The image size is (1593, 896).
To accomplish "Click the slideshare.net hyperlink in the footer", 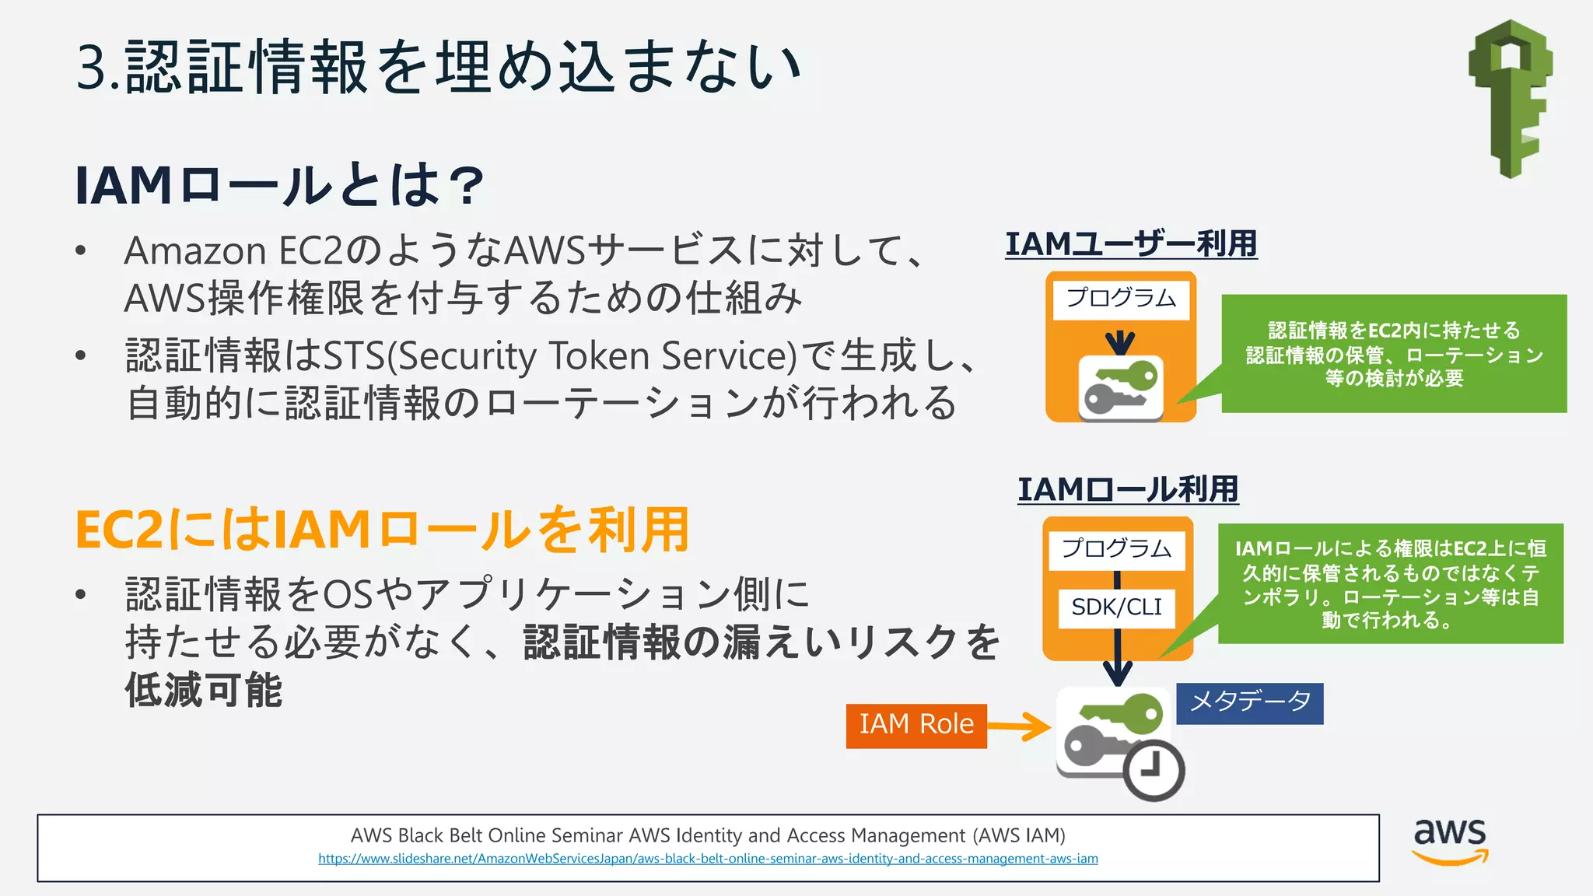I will pos(708,859).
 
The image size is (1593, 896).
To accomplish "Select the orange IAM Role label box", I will pos(916,726).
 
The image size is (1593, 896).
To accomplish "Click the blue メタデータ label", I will pos(1249,703).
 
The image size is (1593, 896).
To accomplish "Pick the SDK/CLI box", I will pos(1116,607).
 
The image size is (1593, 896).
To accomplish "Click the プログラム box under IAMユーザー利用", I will pos(1121,299).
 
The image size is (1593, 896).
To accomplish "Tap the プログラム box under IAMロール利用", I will pos(1116,550).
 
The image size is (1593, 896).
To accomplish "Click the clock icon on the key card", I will pos(1154,770).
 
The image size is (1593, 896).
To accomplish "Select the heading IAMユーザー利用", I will pos(1131,244).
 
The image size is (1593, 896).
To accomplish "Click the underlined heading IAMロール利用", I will pos(1128,490).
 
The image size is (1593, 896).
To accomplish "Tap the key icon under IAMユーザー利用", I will pos(1121,388).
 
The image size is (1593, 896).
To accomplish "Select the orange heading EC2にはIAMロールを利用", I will pos(382,530).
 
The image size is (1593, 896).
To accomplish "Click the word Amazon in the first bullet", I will pos(195,251).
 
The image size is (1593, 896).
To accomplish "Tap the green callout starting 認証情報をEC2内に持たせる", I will pos(1394,354).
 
